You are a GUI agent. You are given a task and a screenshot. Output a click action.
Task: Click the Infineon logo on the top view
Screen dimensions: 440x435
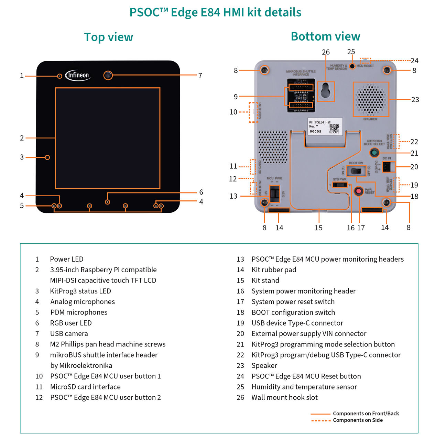click(x=78, y=75)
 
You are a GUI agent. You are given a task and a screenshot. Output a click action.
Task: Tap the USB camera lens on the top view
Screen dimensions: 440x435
click(x=108, y=75)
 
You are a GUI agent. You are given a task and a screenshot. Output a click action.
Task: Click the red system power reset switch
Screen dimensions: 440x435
click(x=359, y=191)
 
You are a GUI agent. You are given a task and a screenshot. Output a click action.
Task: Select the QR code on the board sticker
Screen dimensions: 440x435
click(x=334, y=129)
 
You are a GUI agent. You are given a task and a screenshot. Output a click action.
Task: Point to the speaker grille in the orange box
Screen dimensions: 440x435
click(x=371, y=99)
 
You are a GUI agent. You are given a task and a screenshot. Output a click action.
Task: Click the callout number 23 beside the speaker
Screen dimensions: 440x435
click(x=415, y=100)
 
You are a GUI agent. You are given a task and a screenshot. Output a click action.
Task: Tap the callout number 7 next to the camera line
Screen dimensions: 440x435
click(x=200, y=76)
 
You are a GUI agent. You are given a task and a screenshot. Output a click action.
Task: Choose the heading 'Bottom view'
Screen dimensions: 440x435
click(x=325, y=36)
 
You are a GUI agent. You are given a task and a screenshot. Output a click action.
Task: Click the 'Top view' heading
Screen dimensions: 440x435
click(x=108, y=37)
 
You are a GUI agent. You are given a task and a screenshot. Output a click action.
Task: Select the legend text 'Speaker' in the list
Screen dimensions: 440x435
click(x=264, y=365)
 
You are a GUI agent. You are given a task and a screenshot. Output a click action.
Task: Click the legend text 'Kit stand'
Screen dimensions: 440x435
click(x=265, y=280)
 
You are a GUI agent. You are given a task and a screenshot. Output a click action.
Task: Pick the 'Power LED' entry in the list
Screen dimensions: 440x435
click(x=66, y=259)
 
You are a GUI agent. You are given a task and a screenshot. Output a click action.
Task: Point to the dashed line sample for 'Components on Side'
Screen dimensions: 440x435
click(x=320, y=420)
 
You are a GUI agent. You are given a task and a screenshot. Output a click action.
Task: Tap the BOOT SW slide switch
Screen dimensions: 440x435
click(x=356, y=170)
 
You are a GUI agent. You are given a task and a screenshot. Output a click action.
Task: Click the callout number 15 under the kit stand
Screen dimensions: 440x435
click(x=318, y=228)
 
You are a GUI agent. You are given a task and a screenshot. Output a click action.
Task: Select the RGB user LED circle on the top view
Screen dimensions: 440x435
click(x=108, y=202)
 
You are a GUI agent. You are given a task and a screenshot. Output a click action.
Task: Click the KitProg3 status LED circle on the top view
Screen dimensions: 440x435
click(x=47, y=157)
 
